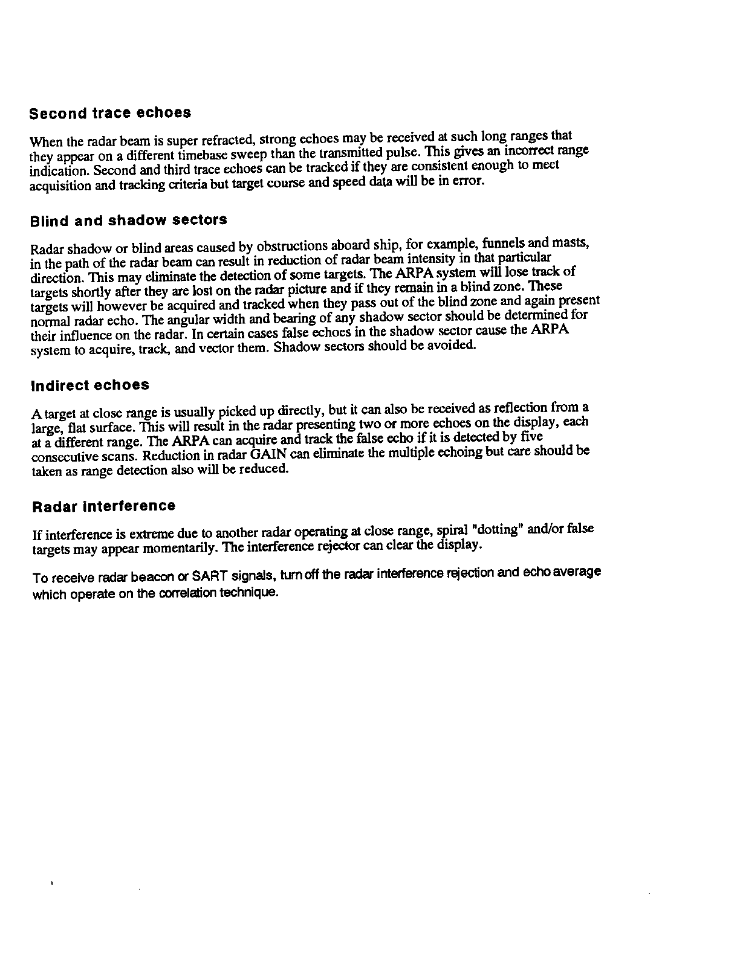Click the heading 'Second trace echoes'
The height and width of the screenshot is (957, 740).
click(x=111, y=113)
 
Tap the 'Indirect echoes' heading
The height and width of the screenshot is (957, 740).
click(x=90, y=385)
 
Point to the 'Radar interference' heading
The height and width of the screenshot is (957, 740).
click(x=103, y=506)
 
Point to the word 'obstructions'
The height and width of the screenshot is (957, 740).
click(x=287, y=247)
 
